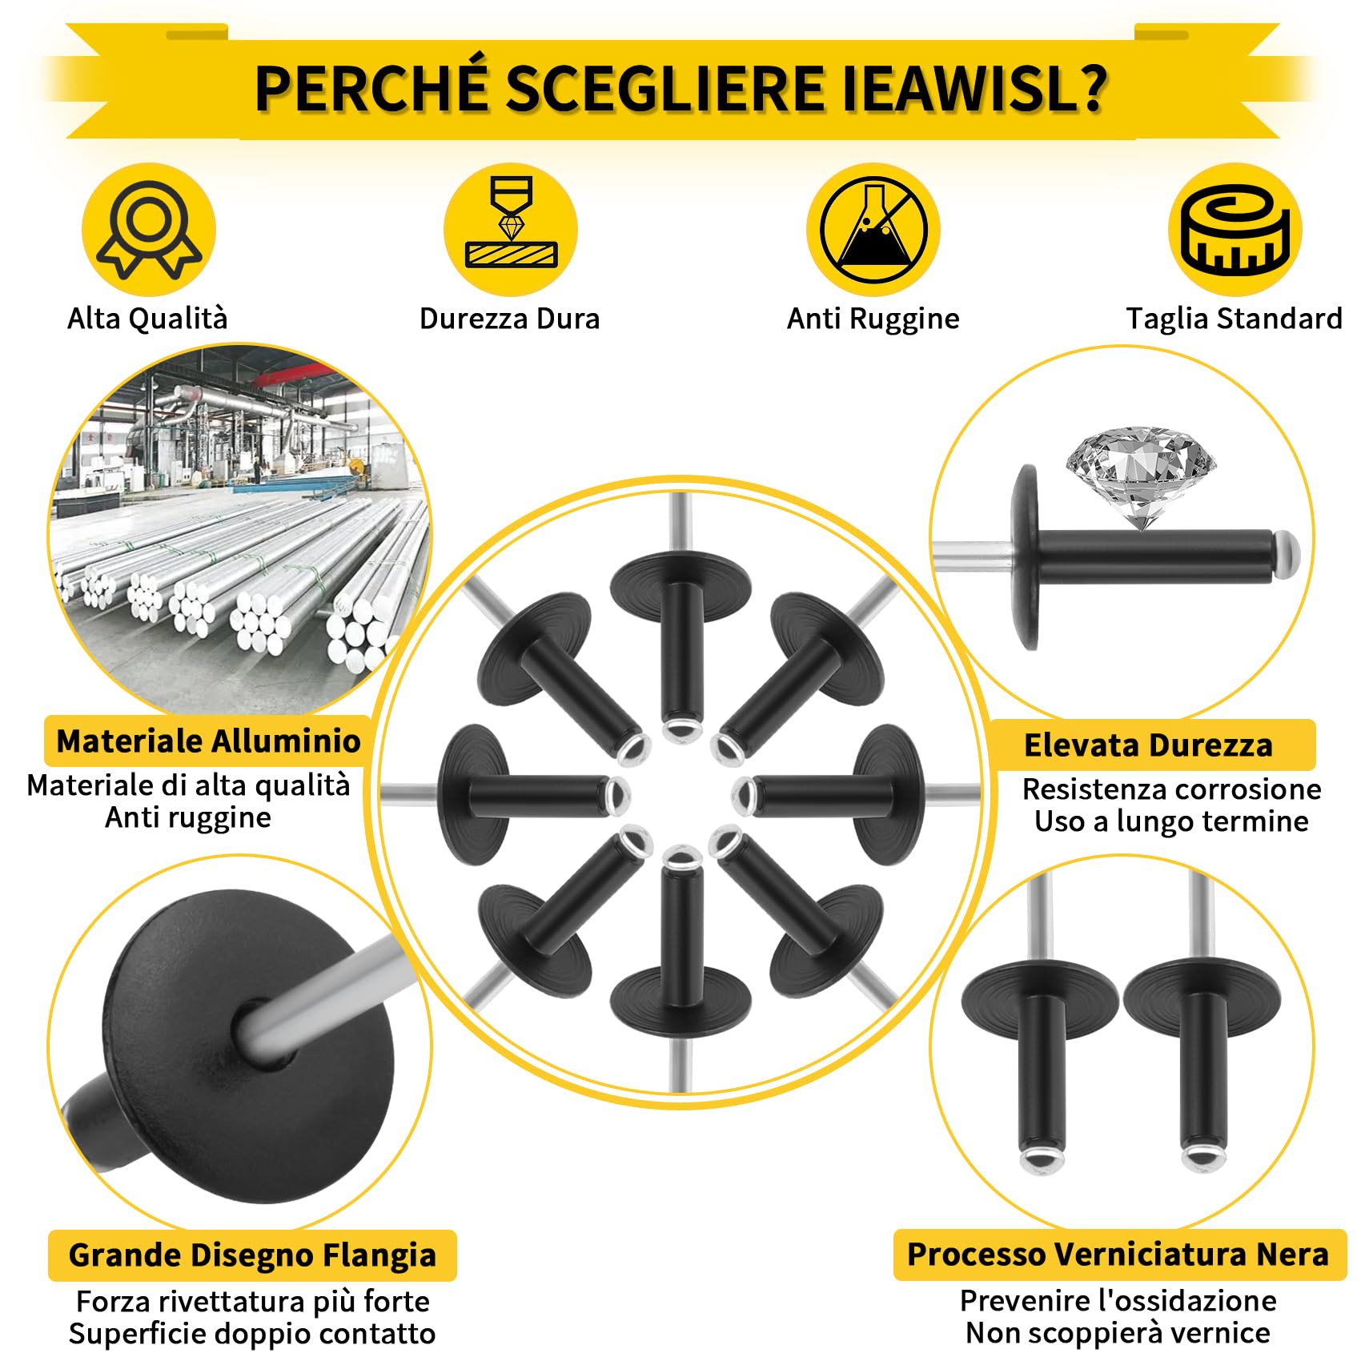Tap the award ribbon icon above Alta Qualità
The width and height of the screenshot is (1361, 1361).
coord(149,230)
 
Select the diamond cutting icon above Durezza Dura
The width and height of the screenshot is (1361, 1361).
coord(511,230)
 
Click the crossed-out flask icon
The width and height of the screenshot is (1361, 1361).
coord(873,230)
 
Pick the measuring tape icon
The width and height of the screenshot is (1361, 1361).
coord(1235,230)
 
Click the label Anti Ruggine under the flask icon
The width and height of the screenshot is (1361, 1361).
coord(873,319)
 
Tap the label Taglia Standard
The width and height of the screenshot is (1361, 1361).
coord(1234,319)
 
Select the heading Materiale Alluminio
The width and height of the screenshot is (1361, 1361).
coord(208,741)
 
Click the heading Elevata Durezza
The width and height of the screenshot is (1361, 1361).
coord(1148,745)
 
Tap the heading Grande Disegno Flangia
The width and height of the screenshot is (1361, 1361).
coord(252,1255)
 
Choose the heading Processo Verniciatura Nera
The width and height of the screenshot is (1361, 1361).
coord(1118,1254)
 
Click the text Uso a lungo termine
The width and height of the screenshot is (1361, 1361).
coord(1170,821)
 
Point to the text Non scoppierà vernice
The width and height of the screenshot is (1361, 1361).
coord(1118,1333)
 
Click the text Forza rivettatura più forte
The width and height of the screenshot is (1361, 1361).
coord(252,1302)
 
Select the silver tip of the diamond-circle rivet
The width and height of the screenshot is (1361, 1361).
coord(1286,552)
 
